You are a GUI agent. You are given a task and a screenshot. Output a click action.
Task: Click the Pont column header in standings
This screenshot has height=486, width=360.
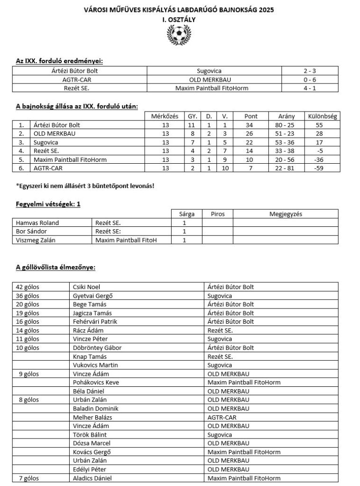click(x=250, y=116)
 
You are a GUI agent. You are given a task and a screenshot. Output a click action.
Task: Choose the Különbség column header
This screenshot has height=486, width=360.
click(x=322, y=116)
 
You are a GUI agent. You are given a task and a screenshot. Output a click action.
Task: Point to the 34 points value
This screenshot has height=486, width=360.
click(x=250, y=125)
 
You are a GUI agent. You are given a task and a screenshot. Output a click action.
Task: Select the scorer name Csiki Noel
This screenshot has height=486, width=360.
click(x=86, y=287)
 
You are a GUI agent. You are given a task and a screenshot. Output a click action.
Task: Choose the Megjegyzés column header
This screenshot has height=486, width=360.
click(x=286, y=214)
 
